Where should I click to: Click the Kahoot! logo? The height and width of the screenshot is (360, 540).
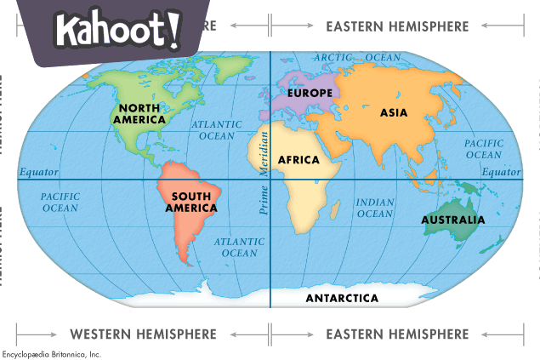pos(118,31)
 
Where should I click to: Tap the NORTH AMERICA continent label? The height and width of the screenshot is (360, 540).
pos(141,113)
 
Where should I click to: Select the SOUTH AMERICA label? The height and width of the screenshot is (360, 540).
pos(193,202)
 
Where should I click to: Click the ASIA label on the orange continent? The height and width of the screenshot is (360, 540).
pos(394,112)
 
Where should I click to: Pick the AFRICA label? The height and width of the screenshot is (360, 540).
pos(298,160)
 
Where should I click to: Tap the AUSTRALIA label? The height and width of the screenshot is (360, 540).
pos(453,220)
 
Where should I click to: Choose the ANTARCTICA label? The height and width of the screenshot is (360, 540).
pos(342,298)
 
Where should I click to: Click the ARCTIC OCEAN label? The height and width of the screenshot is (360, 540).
pos(356,57)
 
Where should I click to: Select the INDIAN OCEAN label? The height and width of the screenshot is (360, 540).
pos(375,208)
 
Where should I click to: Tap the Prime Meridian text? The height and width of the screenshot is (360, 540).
pos(264,173)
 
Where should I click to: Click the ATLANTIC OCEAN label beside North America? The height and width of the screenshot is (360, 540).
pos(217,129)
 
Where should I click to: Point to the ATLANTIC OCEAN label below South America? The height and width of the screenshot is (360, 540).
pos(239,247)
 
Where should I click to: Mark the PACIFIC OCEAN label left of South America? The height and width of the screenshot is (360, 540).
pos(60,202)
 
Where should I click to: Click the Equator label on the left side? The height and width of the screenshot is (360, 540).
pos(39,173)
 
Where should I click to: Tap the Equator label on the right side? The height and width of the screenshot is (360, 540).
pos(501,173)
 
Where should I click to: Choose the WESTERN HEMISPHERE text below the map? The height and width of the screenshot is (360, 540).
pos(143,334)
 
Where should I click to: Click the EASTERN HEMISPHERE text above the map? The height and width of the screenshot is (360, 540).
pos(397,26)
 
